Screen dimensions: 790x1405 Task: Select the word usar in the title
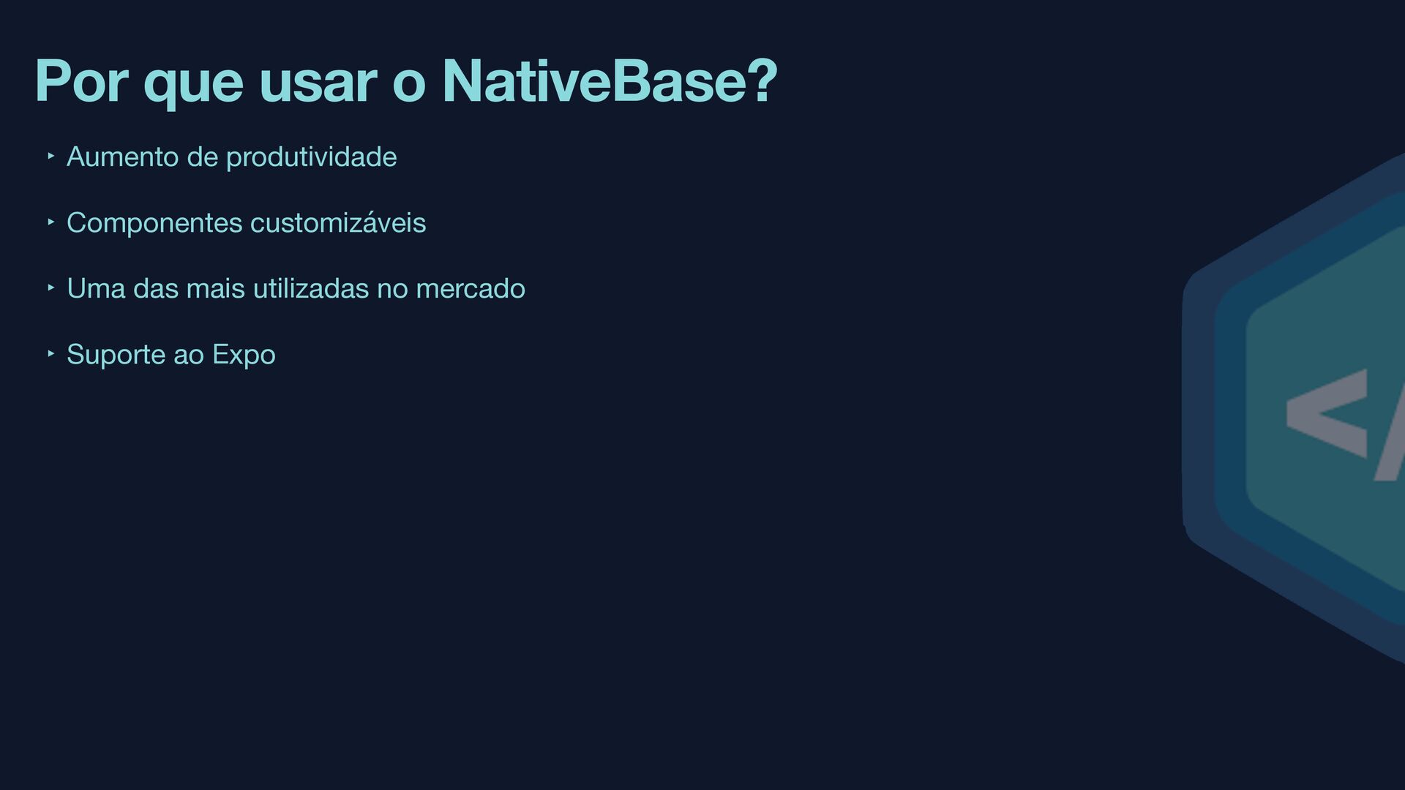click(x=318, y=80)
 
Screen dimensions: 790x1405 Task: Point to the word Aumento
click(x=122, y=157)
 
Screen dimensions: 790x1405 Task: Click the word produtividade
click(x=312, y=157)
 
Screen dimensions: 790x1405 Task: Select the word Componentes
click(x=154, y=223)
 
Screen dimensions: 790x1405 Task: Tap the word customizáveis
click(x=338, y=223)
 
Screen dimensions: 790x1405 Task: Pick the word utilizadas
click(x=311, y=289)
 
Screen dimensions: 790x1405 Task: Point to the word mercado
click(x=471, y=289)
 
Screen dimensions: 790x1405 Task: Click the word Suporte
click(x=116, y=355)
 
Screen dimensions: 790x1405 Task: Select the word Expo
click(x=244, y=355)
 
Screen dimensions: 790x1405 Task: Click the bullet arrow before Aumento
click(x=50, y=156)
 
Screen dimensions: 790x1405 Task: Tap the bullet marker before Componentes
click(x=50, y=222)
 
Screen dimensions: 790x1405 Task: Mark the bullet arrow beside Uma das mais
click(x=50, y=287)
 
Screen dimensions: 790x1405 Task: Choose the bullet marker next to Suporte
click(x=50, y=353)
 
